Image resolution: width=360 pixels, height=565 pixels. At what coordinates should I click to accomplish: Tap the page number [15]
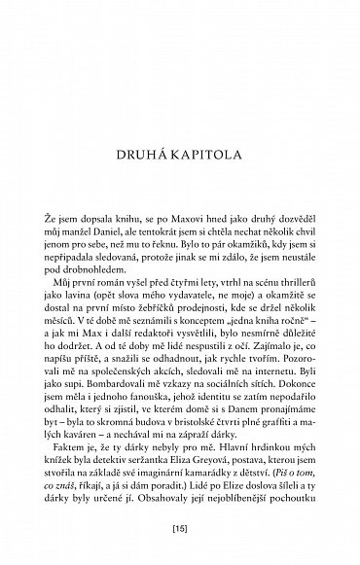pos(180,532)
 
